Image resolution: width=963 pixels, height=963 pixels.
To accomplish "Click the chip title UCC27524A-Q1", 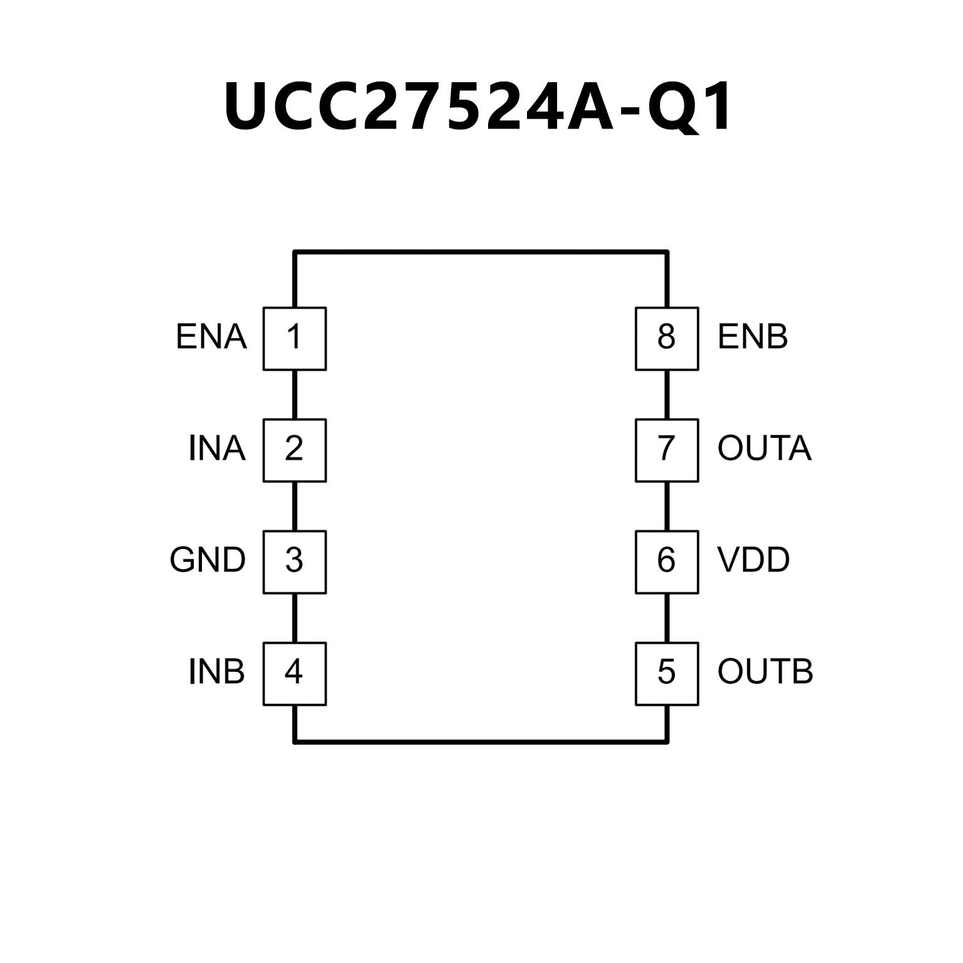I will click(x=478, y=107).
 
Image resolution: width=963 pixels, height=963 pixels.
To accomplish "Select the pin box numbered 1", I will click(x=294, y=338).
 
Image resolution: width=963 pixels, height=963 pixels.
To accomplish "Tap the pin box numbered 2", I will click(x=294, y=450).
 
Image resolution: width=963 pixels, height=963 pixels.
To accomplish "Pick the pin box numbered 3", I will click(x=294, y=561).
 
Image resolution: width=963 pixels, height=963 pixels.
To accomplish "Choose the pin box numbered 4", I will click(x=294, y=673).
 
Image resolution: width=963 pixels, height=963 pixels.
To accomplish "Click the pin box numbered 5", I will click(x=667, y=673).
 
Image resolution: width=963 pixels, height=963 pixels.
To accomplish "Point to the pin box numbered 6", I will click(x=667, y=561).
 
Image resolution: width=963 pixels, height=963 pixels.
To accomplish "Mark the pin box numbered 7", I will click(x=667, y=450).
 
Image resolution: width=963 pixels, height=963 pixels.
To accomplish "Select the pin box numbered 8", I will click(x=667, y=338).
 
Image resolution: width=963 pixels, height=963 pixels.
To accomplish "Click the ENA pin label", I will click(x=211, y=337).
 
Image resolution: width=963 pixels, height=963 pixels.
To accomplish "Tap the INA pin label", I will click(x=216, y=449).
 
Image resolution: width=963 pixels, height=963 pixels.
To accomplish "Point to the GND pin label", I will click(x=208, y=560).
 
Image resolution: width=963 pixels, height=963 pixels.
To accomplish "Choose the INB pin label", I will click(x=216, y=672).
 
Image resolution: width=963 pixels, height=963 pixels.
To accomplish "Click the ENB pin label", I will click(x=753, y=337).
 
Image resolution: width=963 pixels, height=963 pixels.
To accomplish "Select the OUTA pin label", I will click(x=765, y=449).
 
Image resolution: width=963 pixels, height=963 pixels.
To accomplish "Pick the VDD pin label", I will click(x=753, y=560).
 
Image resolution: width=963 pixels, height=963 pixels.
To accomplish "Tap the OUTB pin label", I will click(x=765, y=672).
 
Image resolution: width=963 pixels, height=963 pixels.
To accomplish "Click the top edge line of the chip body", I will click(x=481, y=252).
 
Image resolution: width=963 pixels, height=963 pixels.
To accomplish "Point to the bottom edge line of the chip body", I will click(x=481, y=742).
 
